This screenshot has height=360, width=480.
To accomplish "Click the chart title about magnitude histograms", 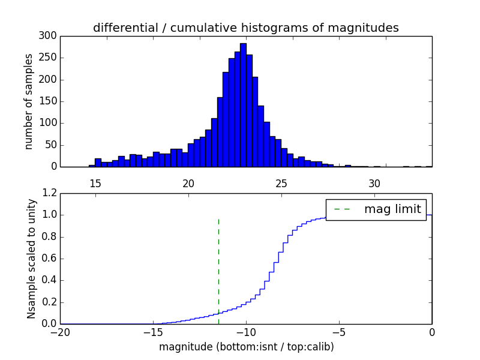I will pyautogui.click(x=245, y=28).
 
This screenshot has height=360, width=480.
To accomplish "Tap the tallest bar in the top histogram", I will pyautogui.click(x=243, y=105).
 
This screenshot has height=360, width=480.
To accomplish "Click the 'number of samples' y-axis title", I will pyautogui.click(x=29, y=101).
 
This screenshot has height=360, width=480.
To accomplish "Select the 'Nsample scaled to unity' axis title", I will pyautogui.click(x=31, y=259).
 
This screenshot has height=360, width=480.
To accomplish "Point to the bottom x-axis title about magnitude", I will pyautogui.click(x=246, y=347).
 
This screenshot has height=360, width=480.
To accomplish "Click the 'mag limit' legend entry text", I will pyautogui.click(x=392, y=209).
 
